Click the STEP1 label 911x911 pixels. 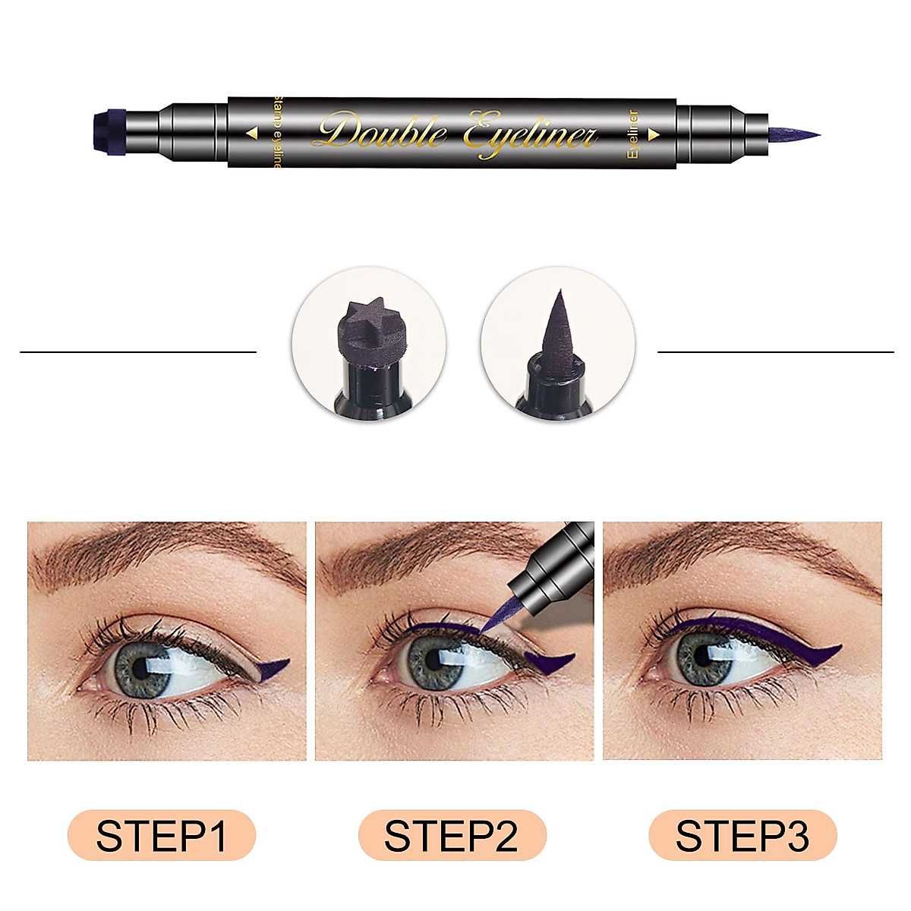[x=162, y=837]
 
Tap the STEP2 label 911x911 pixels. [x=452, y=837]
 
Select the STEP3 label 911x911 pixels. [x=742, y=837]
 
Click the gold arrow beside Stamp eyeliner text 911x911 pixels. [x=253, y=133]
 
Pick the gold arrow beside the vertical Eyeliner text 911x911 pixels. [x=652, y=132]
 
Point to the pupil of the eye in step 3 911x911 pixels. [x=704, y=654]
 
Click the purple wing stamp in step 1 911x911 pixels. [x=275, y=666]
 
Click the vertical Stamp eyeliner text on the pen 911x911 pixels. [x=277, y=133]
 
